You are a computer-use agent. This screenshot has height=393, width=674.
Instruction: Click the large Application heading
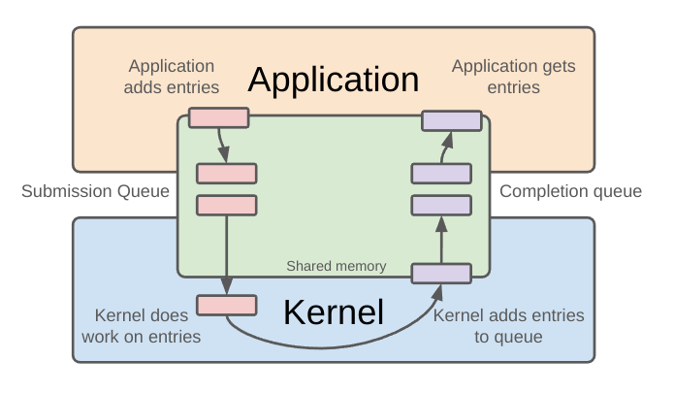[334, 80]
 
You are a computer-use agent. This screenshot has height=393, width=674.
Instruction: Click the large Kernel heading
[334, 311]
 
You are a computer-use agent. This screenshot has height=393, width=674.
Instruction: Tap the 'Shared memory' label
[337, 266]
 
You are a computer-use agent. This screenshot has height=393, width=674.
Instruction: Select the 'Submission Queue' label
[95, 191]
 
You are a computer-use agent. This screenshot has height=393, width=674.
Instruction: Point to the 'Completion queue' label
[570, 191]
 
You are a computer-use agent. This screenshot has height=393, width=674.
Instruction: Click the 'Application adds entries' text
[173, 77]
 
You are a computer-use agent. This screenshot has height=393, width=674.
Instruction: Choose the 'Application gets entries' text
[513, 77]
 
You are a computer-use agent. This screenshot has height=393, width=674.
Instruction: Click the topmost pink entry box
[219, 118]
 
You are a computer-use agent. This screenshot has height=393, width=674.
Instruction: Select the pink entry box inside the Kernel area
[227, 305]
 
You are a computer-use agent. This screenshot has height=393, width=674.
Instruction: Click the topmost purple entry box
[452, 120]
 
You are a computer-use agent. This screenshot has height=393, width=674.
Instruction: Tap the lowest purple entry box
[441, 274]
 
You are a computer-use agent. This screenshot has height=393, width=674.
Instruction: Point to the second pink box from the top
[227, 174]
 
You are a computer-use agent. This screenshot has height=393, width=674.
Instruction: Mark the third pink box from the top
[227, 205]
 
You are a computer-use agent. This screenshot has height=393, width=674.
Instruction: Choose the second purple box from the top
[441, 174]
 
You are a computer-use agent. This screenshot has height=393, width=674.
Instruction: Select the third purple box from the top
[441, 205]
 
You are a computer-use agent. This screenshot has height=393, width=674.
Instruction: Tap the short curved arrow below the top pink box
[223, 146]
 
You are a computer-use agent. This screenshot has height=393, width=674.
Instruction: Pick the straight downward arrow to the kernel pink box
[226, 252]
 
